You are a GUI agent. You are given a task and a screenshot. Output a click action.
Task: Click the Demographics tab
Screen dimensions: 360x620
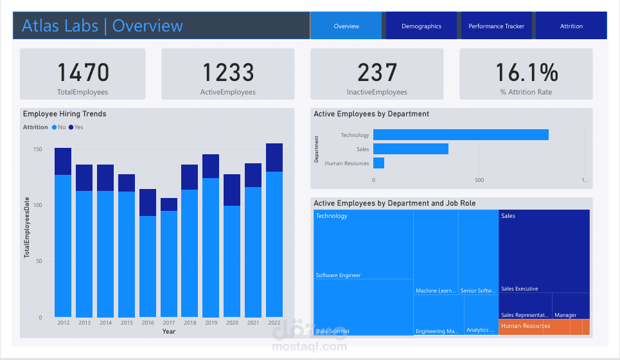click(x=421, y=26)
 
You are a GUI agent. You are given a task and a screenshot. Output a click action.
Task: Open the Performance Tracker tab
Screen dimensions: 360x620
click(x=496, y=26)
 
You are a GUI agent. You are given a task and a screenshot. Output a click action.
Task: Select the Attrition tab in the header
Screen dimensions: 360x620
click(x=571, y=26)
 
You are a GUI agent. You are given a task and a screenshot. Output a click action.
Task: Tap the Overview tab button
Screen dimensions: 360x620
click(x=346, y=26)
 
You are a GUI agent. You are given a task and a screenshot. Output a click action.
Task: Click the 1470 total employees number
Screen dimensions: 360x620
click(x=83, y=73)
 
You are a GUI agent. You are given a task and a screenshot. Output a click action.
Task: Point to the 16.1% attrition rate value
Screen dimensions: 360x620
click(x=526, y=73)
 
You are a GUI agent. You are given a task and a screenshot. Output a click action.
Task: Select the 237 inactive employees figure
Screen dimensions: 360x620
click(x=376, y=73)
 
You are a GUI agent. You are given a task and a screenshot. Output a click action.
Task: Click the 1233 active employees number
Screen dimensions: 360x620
click(x=228, y=73)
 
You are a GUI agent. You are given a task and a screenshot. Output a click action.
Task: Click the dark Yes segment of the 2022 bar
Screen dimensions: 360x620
click(x=274, y=157)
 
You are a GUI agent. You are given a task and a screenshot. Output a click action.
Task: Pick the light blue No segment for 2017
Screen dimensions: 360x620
click(x=169, y=264)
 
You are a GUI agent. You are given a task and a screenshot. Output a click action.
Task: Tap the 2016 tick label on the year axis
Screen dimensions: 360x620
click(x=148, y=323)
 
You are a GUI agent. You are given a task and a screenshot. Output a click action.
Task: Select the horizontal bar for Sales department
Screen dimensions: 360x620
click(x=411, y=149)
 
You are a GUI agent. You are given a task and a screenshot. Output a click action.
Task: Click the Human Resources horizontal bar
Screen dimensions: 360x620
click(x=378, y=163)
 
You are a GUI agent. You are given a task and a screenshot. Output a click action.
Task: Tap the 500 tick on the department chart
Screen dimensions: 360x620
click(x=479, y=181)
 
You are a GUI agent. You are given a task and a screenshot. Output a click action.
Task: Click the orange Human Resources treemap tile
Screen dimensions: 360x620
click(x=544, y=327)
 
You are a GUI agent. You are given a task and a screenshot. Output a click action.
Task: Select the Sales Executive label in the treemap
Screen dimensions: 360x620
click(x=519, y=289)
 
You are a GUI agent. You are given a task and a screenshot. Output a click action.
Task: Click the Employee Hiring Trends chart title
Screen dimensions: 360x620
click(x=64, y=114)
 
